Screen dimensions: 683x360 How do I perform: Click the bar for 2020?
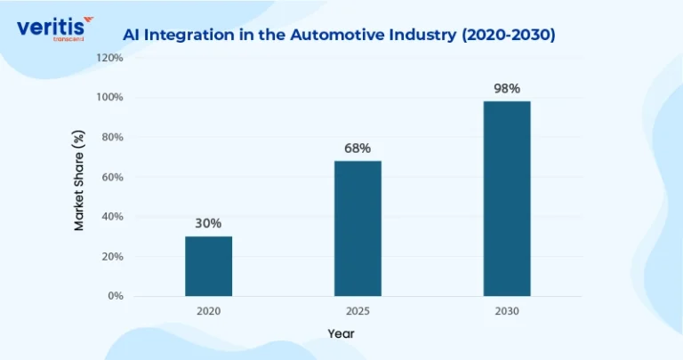click(209, 267)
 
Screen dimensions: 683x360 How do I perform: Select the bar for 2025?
click(358, 228)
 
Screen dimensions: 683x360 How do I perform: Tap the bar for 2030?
click(507, 199)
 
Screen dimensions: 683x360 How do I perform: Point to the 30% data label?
click(208, 223)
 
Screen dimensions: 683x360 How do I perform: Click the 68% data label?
click(358, 148)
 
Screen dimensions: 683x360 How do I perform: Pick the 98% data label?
click(507, 89)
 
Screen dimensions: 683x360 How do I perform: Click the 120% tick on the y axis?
click(109, 58)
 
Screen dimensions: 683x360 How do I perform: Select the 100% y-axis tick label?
click(109, 97)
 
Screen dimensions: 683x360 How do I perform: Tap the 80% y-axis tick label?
click(112, 137)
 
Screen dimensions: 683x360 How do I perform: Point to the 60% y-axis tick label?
click(112, 177)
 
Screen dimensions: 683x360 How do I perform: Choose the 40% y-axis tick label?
click(112, 217)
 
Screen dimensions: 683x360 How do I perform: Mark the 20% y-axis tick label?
click(112, 257)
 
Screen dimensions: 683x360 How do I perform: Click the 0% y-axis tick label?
click(116, 296)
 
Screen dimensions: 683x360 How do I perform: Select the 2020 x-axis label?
click(209, 311)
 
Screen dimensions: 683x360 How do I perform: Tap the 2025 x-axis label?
click(358, 311)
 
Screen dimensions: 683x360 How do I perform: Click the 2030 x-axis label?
click(507, 311)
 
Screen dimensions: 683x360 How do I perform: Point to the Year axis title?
click(341, 334)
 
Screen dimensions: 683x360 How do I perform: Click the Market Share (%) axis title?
click(78, 180)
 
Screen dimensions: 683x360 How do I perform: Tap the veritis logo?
click(55, 28)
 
